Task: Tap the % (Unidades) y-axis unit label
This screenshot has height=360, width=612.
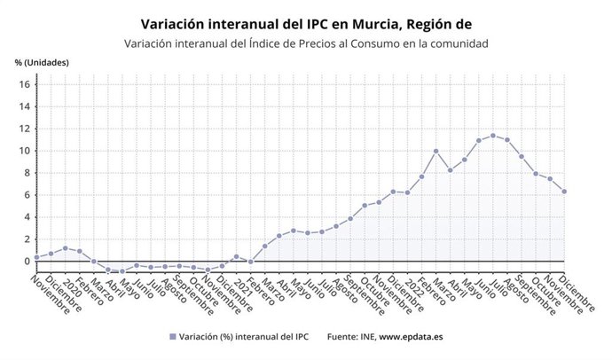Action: (x=42, y=62)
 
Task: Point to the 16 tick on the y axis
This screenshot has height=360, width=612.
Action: (x=25, y=84)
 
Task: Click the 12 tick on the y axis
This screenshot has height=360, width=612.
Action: (x=25, y=129)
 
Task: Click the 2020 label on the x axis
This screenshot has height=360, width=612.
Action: (x=73, y=283)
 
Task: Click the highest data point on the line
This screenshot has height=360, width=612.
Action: (x=493, y=136)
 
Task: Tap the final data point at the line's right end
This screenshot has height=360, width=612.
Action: (x=564, y=192)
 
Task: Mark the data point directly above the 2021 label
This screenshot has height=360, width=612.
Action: (x=236, y=256)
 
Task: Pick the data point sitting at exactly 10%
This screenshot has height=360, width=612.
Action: (x=435, y=151)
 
